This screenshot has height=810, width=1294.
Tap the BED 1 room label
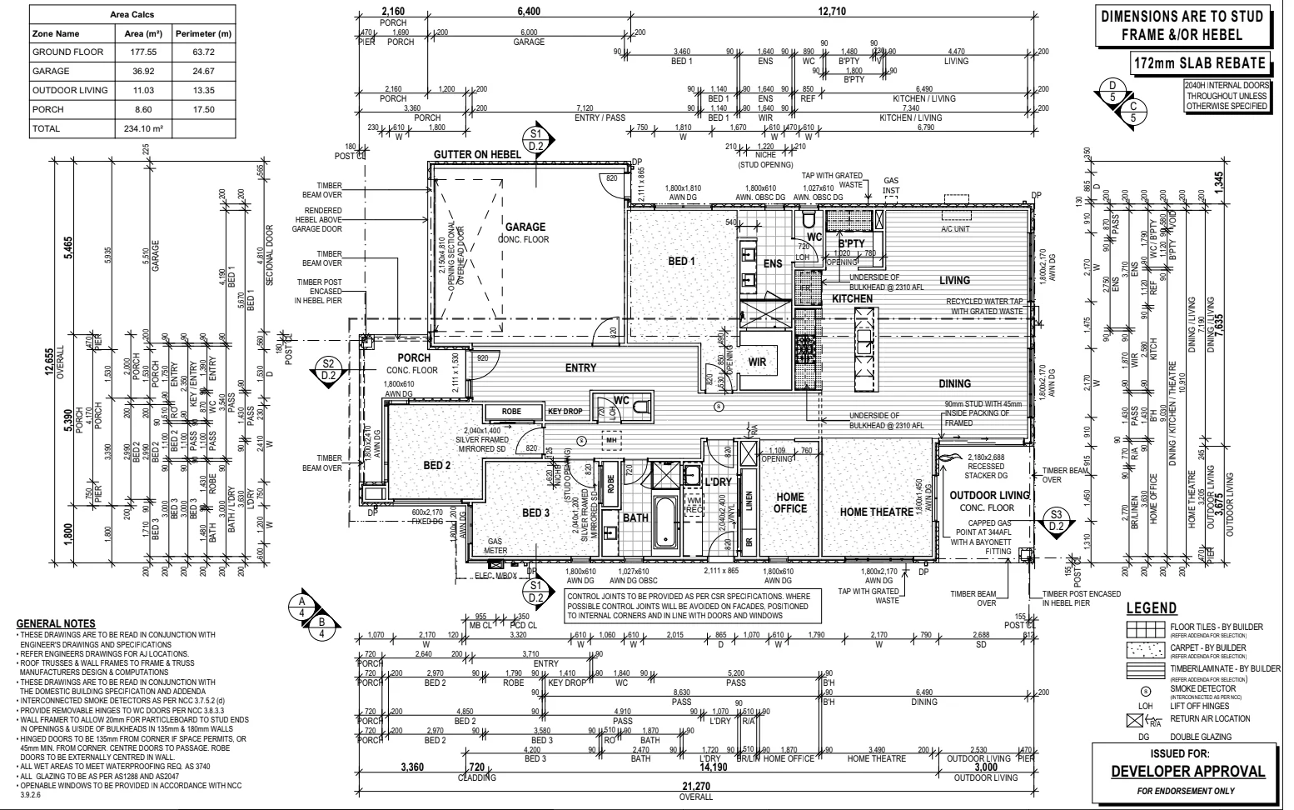pos(681,262)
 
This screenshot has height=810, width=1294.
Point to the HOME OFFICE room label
pos(790,502)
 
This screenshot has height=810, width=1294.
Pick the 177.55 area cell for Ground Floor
pos(142,52)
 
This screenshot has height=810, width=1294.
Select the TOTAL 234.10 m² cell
pos(142,129)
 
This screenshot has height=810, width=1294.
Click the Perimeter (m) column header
pos(203,34)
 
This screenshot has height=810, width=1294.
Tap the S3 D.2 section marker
pos(1057,520)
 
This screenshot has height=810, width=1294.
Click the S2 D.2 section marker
pos(328,369)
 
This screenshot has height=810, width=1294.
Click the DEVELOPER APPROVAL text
pos(1187,772)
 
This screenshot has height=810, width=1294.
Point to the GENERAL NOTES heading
pos(56,624)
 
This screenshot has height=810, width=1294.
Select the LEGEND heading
pos(1151,608)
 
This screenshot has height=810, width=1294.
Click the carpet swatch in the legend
pos(1145,647)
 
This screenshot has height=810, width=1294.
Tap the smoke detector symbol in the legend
pos(1145,691)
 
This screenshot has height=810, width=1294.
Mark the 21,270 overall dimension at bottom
pos(695,787)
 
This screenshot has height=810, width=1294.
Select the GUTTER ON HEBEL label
pos(477,154)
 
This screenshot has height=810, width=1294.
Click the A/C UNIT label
pos(956,229)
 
